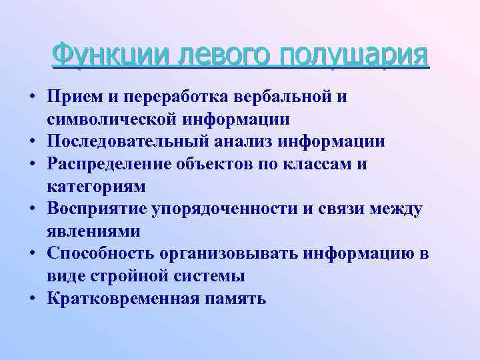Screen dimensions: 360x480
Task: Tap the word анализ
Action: tap(257, 141)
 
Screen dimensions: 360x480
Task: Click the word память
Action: tap(235, 298)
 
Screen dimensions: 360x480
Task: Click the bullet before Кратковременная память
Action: tap(32, 298)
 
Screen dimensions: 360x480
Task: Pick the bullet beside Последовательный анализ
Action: tap(32, 141)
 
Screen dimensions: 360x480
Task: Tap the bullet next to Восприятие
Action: tap(32, 209)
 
